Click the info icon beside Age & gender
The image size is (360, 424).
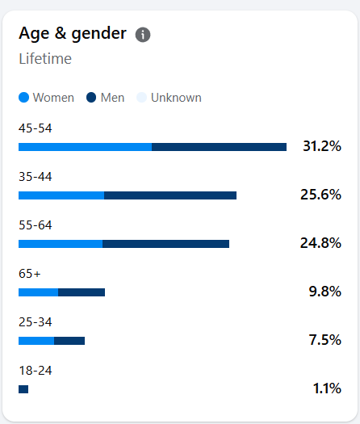coord(143,35)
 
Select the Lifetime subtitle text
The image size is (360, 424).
coord(45,59)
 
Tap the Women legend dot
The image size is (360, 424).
coord(23,98)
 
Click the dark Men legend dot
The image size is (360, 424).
coord(91,98)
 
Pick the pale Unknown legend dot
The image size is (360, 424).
coord(141,98)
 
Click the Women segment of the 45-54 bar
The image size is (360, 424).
coord(85,147)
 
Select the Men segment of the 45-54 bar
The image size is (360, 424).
coord(220,147)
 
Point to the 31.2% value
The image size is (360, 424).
coord(322,146)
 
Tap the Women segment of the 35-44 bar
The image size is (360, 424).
coord(61,195)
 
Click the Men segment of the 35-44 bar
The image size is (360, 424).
coord(170,195)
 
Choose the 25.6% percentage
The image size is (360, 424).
coord(320,195)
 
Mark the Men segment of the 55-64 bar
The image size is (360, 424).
coord(166,244)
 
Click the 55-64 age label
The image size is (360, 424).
coord(36,225)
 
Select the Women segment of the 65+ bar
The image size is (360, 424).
coord(39,292)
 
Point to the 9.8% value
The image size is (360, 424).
coord(324,292)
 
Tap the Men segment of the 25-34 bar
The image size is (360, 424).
coord(69,341)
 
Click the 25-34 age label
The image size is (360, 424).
coord(36,322)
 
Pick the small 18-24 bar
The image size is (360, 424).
coord(23,389)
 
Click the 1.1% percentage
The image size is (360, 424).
coord(327,388)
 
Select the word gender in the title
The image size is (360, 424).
coord(98,34)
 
